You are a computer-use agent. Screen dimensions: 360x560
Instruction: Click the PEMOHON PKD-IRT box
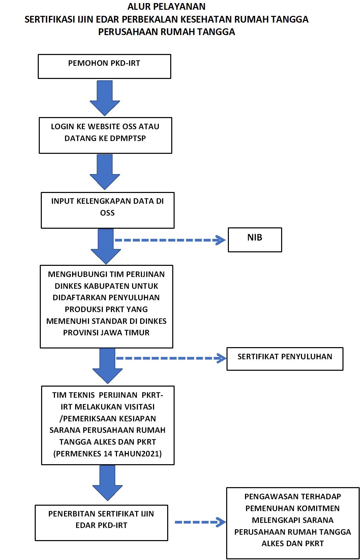click(104, 66)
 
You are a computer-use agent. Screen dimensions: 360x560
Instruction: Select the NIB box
click(255, 240)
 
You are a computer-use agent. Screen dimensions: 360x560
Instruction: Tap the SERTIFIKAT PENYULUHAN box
click(285, 359)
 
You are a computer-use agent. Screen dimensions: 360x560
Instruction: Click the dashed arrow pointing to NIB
click(170, 240)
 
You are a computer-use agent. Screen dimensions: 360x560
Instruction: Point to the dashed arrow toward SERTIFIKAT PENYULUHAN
click(171, 358)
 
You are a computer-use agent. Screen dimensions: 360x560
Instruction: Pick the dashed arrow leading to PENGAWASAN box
click(200, 522)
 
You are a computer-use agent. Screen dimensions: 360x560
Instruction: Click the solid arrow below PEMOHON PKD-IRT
click(105, 98)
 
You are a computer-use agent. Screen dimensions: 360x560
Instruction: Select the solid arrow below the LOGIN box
click(105, 172)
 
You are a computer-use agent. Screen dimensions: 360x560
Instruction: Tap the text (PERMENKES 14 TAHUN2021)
click(108, 453)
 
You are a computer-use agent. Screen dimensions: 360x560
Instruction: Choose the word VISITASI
click(140, 407)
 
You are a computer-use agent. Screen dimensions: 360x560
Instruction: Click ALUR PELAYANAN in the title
click(167, 6)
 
